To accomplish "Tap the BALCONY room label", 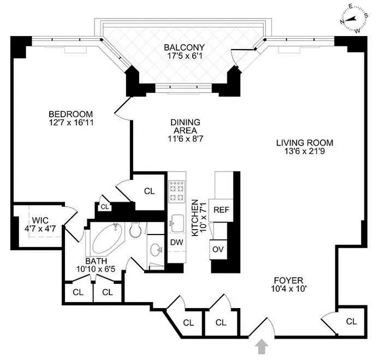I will click(184, 47).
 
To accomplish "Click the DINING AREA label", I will click(185, 123).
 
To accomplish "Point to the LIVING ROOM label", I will click(304, 143).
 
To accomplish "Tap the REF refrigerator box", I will click(221, 209).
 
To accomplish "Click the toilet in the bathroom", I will click(135, 231).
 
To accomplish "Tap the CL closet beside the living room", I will click(352, 322).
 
